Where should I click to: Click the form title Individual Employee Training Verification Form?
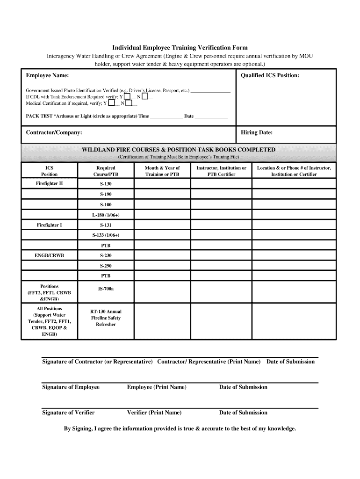pos(180,48)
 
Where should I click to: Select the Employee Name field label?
pos(47,75)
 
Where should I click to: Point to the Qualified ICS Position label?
pos(270,75)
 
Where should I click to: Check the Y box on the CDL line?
pos(127,96)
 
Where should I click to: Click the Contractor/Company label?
pos(54,133)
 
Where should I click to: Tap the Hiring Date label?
pos(256,133)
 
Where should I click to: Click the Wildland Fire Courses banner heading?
pos(179,150)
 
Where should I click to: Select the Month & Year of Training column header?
pos(162,171)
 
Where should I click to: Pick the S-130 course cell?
pos(106,184)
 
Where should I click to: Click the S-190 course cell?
pos(106,194)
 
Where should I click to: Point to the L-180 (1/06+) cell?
pos(106,215)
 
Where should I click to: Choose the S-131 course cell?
pos(106,225)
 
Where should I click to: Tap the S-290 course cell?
pos(106,266)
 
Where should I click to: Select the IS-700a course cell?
pos(106,289)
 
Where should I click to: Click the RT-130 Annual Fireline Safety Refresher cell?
pos(106,318)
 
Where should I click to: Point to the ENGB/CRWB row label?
pos(50,256)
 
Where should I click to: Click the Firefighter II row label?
pos(50,183)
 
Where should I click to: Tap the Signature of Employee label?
pos(71,387)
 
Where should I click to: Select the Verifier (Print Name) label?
pos(154,413)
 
